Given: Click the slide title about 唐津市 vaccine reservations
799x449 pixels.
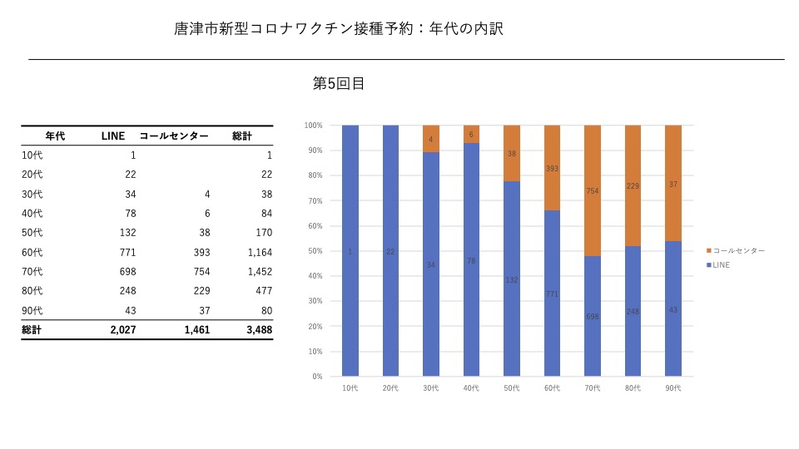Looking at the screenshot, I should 339,29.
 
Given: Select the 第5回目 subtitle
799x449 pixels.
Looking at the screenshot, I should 339,83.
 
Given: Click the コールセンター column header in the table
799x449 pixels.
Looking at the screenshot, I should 174,136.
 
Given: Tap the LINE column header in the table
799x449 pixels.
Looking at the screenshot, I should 112,136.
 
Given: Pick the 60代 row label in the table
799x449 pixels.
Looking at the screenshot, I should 32,252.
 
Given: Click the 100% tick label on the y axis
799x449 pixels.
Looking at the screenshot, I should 313,126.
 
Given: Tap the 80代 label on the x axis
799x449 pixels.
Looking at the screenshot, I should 633,388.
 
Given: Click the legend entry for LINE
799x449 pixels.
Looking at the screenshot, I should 721,264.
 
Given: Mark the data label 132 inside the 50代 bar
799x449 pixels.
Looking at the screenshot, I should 512,280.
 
